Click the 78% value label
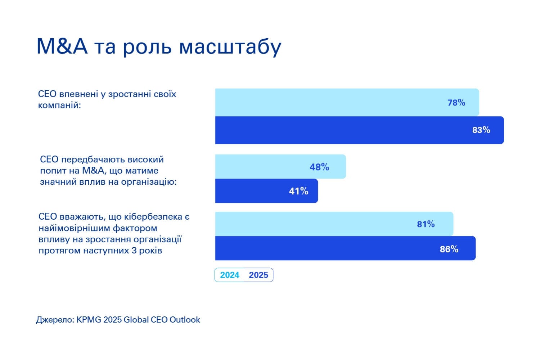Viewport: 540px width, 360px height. [x=456, y=103]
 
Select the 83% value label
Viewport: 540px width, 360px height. [x=481, y=130]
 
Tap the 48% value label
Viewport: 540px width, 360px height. [x=319, y=167]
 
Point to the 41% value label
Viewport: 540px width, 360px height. [x=298, y=191]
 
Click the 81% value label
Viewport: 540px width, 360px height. [x=426, y=224]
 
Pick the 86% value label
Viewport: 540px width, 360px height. [x=449, y=249]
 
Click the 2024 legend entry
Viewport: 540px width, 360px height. [x=230, y=275]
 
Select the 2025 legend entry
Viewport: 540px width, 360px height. [x=258, y=275]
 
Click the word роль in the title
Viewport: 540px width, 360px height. [x=147, y=47]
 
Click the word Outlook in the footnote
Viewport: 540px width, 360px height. [x=185, y=320]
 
